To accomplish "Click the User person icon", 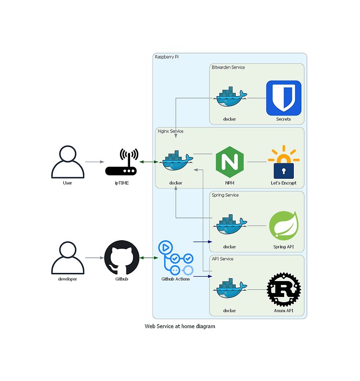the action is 68,162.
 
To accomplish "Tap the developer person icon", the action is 68,258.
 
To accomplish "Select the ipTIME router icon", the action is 121,162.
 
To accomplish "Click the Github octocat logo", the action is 121,258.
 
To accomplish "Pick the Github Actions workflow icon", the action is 176,258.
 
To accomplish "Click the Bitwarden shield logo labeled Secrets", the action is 284,98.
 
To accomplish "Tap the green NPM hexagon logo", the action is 229,162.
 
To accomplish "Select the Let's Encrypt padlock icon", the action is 284,162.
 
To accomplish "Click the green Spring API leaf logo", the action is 284,226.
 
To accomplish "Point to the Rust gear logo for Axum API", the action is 284,290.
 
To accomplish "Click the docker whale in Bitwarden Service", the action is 229,97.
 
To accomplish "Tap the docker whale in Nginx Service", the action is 176,160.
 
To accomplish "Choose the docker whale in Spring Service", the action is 229,224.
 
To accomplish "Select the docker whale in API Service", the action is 229,288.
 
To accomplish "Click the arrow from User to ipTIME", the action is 95,162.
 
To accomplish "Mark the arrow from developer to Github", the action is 95,258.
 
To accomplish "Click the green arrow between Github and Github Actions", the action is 149,258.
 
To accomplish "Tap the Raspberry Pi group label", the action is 167,57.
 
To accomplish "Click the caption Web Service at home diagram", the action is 180,326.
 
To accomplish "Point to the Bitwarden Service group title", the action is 228,67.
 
